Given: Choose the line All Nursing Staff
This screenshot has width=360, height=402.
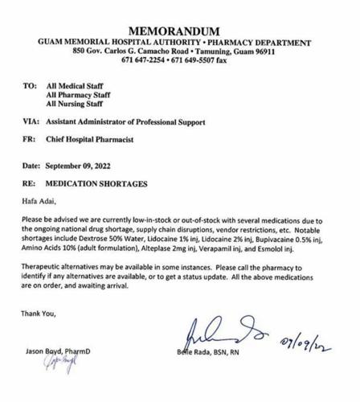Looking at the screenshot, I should (x=77, y=104).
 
